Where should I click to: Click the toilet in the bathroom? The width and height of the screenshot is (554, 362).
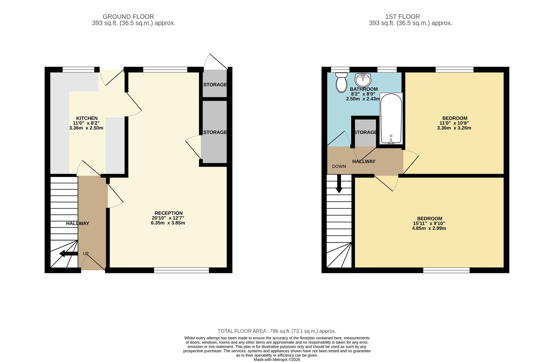(x=341, y=82)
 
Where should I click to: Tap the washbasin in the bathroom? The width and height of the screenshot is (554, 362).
(x=363, y=80)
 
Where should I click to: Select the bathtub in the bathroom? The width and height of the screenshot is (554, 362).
(x=391, y=119)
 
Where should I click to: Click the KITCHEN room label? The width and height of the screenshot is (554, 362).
(x=87, y=118)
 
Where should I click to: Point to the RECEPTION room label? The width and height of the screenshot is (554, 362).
(x=169, y=213)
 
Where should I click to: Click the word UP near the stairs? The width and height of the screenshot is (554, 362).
(x=86, y=253)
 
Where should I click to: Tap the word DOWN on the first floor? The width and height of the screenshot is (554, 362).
(x=339, y=166)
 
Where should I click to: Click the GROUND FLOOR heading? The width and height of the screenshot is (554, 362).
(x=128, y=17)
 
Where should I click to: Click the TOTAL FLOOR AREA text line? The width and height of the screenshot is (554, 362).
(x=277, y=331)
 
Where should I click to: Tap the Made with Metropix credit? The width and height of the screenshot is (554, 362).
(x=277, y=360)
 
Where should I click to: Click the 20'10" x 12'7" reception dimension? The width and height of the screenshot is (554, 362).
(x=168, y=218)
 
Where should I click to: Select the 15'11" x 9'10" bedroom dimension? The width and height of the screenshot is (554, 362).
(x=429, y=224)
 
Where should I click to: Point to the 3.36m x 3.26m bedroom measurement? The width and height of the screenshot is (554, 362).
(x=454, y=128)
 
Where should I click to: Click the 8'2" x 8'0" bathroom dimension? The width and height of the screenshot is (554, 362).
(x=363, y=94)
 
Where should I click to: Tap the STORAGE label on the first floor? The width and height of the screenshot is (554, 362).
(x=365, y=132)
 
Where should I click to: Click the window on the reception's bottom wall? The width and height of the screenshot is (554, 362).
(x=181, y=270)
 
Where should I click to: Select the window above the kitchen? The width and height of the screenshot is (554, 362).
(x=78, y=70)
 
